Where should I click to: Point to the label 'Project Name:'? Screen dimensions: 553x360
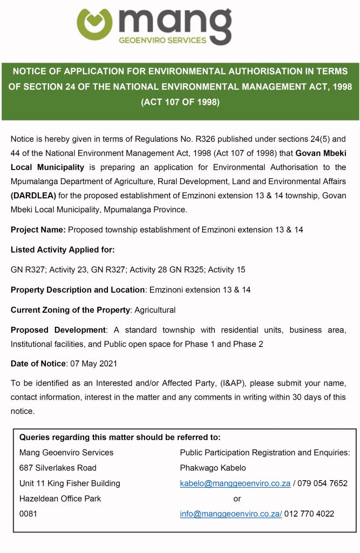(38, 230)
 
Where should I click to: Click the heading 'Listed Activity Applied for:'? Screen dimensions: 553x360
(63, 249)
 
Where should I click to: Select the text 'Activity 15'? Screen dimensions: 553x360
(229, 269)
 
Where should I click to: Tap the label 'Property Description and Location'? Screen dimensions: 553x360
(78, 289)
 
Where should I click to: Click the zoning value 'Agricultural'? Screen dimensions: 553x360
(155, 310)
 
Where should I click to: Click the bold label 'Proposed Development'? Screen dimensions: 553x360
(58, 330)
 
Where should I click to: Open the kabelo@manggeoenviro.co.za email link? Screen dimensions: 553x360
(235, 483)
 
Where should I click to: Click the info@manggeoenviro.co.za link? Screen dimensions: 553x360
(231, 514)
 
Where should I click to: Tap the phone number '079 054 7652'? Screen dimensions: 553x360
(323, 483)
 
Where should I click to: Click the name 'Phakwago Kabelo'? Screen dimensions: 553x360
(213, 468)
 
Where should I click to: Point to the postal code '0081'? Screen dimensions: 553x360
(28, 514)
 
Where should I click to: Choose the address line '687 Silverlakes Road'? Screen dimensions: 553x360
(58, 468)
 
